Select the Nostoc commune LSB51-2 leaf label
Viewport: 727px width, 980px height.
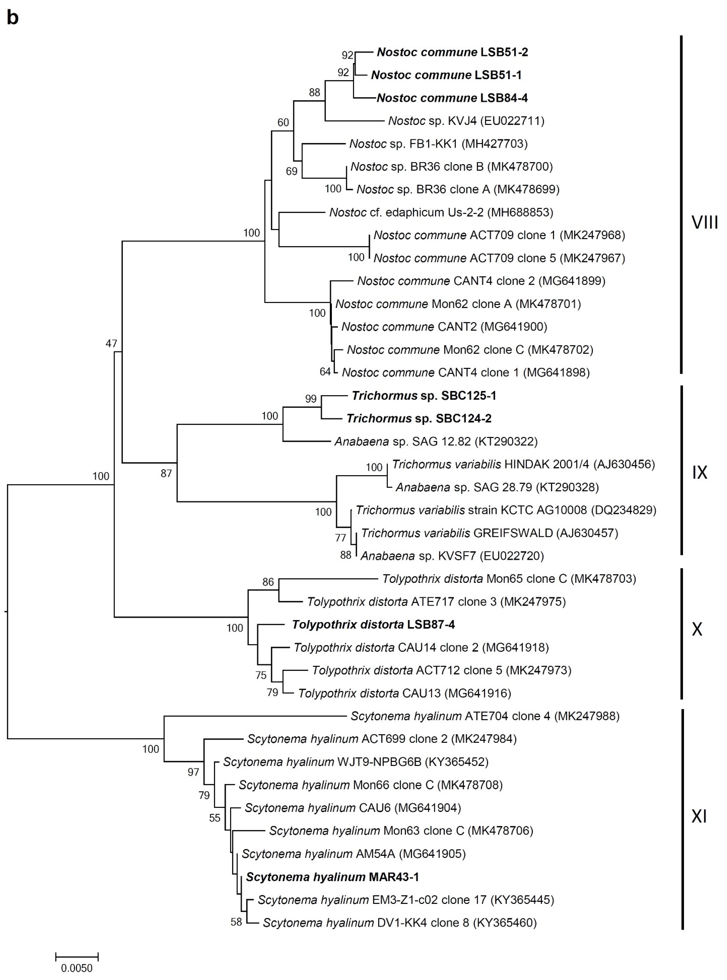452,52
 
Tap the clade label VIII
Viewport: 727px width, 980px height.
705,223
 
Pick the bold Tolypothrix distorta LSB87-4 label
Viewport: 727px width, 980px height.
373,625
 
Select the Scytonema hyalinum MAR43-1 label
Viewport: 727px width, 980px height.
332,877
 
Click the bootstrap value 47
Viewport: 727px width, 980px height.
111,343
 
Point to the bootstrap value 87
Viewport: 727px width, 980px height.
166,473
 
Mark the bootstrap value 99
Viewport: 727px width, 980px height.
311,399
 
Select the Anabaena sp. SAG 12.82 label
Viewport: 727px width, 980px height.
436,442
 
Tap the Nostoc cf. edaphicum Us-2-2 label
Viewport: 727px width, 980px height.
441,212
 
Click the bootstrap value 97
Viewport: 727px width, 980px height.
193,772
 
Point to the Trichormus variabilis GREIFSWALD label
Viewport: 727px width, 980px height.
489,533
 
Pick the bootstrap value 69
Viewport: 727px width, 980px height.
291,171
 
